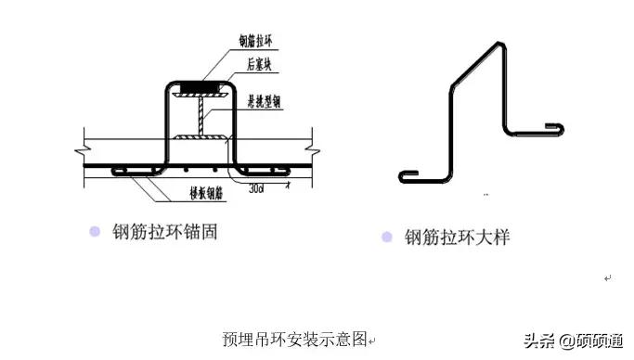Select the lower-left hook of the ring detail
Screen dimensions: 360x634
pyautogui.click(x=406, y=174)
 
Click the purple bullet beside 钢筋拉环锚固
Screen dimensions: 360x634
pyautogui.click(x=95, y=232)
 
